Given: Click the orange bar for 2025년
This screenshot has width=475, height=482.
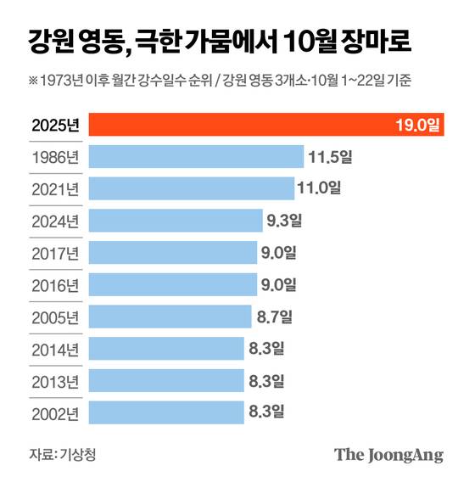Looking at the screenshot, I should point(267,126).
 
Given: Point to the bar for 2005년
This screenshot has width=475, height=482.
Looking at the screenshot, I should point(170,317).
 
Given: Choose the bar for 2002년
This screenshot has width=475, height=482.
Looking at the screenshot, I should point(166,412).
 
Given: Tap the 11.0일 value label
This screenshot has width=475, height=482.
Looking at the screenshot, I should point(320,188).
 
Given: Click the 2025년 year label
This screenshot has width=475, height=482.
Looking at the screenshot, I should point(53,126).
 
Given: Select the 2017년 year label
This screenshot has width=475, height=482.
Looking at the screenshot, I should point(53,253).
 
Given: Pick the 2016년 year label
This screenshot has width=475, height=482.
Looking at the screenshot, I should point(53,285).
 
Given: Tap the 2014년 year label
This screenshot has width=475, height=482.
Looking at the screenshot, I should point(53,349).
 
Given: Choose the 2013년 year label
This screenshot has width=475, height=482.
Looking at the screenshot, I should point(53,381).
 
